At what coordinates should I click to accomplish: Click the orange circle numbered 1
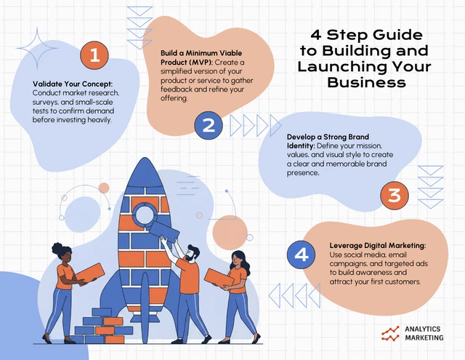click(94, 55)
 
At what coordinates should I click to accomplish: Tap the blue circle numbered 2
click(209, 125)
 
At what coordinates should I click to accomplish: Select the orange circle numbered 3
click(395, 196)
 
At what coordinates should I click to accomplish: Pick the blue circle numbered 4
click(302, 255)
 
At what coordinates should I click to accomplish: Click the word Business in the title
click(366, 82)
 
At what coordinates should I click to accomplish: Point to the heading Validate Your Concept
click(73, 84)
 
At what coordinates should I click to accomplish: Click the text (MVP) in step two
click(199, 63)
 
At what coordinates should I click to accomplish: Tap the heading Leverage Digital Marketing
click(378, 246)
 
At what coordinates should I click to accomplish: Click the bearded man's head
click(191, 254)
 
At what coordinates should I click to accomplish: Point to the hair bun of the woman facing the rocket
click(57, 249)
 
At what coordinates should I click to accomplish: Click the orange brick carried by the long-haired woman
click(219, 279)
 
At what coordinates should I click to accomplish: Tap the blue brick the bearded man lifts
click(164, 231)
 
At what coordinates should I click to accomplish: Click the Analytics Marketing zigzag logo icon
click(390, 333)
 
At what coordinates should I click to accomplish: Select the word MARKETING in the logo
click(424, 337)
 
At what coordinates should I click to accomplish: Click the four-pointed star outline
click(37, 48)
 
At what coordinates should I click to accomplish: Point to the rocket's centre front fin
click(145, 308)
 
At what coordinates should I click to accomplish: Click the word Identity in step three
click(300, 146)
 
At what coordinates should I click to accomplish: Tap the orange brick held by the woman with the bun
click(89, 273)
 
